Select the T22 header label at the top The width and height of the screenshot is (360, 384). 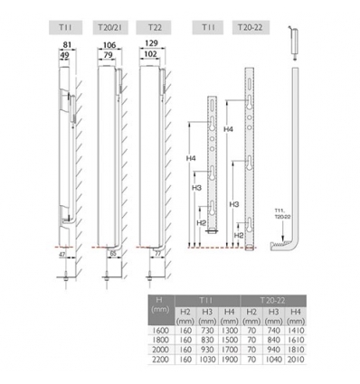156,29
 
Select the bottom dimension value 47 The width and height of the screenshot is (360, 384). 61,258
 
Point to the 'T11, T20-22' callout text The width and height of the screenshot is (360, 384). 282,213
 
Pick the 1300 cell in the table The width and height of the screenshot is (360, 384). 230,332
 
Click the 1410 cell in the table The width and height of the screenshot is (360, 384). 295,332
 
